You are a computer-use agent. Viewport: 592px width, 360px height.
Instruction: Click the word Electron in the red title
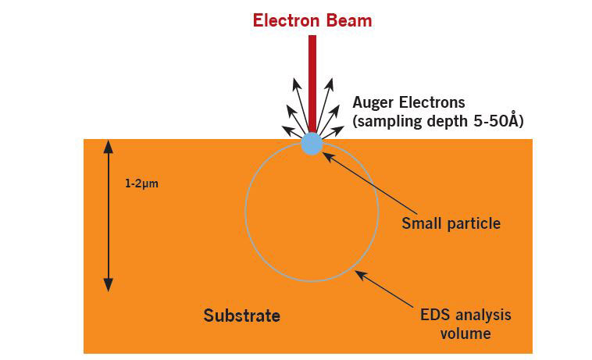[287, 20]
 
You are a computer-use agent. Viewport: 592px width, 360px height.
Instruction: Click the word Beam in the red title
[349, 20]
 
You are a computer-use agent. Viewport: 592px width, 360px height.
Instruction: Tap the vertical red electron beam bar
[312, 84]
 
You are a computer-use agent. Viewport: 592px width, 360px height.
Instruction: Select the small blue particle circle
[312, 144]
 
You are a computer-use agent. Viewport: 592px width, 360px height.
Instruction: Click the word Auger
[373, 102]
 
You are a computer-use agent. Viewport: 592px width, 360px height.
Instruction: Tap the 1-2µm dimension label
[141, 184]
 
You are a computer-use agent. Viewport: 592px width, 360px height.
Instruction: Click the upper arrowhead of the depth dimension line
[109, 146]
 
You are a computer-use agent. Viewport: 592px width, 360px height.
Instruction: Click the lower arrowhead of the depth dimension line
[109, 285]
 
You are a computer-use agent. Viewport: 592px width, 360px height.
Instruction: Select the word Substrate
[242, 315]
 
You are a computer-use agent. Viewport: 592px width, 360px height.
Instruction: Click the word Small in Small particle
[422, 223]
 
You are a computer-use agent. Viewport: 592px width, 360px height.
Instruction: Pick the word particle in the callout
[474, 224]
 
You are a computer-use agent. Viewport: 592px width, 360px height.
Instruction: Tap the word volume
[465, 333]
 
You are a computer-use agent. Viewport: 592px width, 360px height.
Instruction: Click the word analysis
[483, 315]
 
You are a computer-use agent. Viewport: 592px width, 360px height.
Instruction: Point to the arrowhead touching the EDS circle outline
[361, 275]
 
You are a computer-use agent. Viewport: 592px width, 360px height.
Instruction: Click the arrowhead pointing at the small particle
[329, 156]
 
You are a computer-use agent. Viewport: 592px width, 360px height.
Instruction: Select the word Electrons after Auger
[432, 102]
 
